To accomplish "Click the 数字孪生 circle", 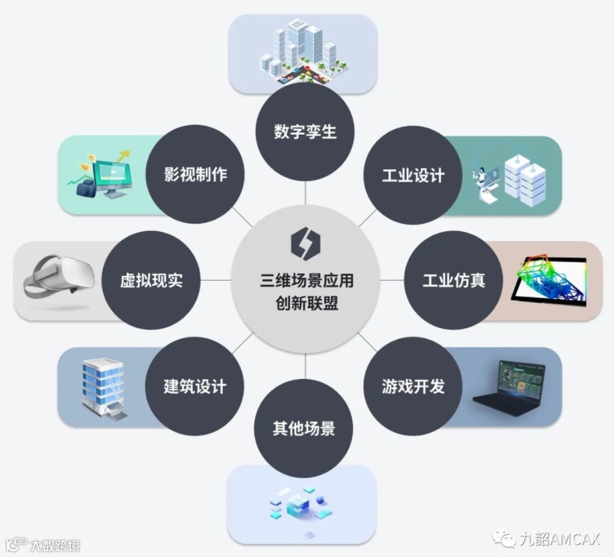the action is click(x=305, y=131).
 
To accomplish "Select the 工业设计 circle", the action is click(x=412, y=175).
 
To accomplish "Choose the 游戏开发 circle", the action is click(x=412, y=386).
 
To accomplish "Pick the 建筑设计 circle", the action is click(x=195, y=386).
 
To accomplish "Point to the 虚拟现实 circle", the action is click(x=151, y=280).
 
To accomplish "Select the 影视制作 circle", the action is click(x=195, y=175).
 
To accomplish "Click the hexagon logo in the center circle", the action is click(x=305, y=243).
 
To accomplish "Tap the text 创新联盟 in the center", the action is click(x=305, y=302).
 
